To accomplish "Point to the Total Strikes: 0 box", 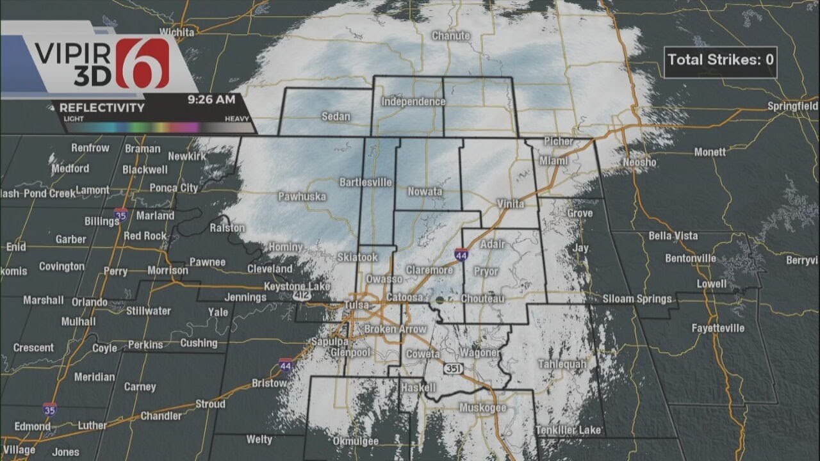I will [x=720, y=60].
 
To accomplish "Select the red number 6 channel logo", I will [x=142, y=63].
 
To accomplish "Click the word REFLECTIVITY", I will [x=102, y=108].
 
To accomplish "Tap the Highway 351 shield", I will [x=452, y=369].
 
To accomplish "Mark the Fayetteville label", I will [x=717, y=328].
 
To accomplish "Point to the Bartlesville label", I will [x=365, y=182].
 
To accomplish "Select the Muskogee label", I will [x=482, y=408].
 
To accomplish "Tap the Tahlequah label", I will [x=562, y=364].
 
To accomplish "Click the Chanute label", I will [x=450, y=36].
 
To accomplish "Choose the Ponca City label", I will [x=173, y=188].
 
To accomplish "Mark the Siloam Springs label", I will [x=637, y=299].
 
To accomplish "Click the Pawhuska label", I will [x=302, y=197].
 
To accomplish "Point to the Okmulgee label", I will [x=356, y=441].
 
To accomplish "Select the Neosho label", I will [x=639, y=163].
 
